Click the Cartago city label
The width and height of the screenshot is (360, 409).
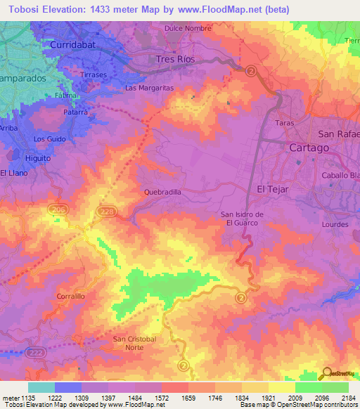(x=309, y=148)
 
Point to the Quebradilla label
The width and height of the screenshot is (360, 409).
(x=162, y=191)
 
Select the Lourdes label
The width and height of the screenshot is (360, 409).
(x=335, y=225)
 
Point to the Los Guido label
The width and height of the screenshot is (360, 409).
(x=49, y=139)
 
